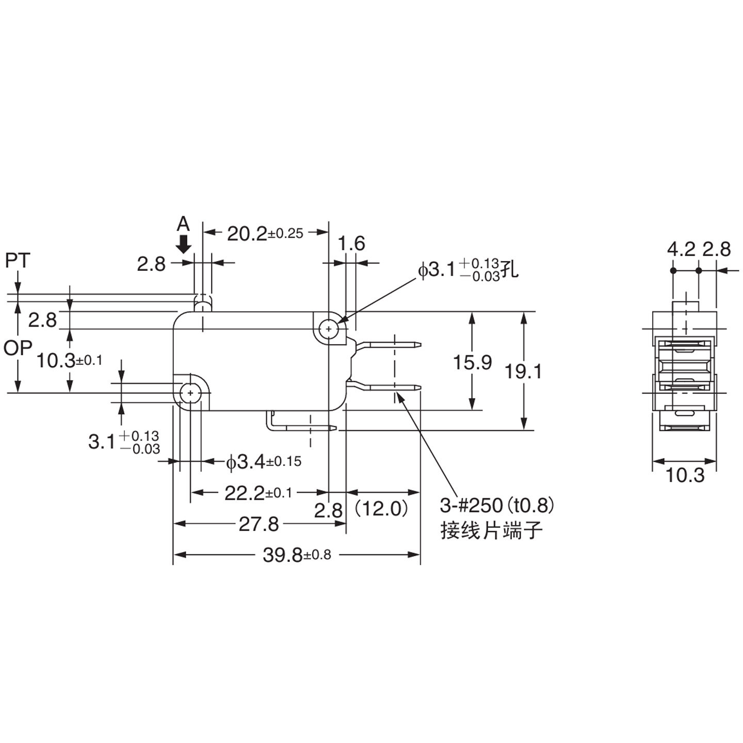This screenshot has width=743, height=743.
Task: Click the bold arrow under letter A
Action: [x=183, y=244]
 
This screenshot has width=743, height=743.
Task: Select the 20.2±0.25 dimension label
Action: [x=265, y=234]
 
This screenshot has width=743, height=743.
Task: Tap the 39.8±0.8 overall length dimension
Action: [x=297, y=555]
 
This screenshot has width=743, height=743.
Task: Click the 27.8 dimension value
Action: [x=259, y=525]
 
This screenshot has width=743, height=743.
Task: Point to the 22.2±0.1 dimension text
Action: [x=258, y=494]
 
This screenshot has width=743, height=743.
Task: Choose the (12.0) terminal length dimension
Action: [x=382, y=509]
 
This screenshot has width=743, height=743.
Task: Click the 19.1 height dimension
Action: [x=523, y=371]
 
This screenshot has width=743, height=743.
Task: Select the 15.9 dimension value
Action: [x=472, y=363]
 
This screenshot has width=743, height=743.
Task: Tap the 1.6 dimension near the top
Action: [x=352, y=244]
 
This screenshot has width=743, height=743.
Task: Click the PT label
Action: [x=18, y=261]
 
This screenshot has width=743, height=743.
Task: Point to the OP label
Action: [x=18, y=349]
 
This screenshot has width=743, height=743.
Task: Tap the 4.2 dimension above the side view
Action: [x=682, y=249]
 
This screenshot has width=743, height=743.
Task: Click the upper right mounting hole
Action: [x=328, y=328]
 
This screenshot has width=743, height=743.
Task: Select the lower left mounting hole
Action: [x=191, y=393]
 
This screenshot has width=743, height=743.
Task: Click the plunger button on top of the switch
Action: [x=203, y=304]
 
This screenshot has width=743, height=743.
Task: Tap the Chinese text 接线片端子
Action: [x=491, y=530]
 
